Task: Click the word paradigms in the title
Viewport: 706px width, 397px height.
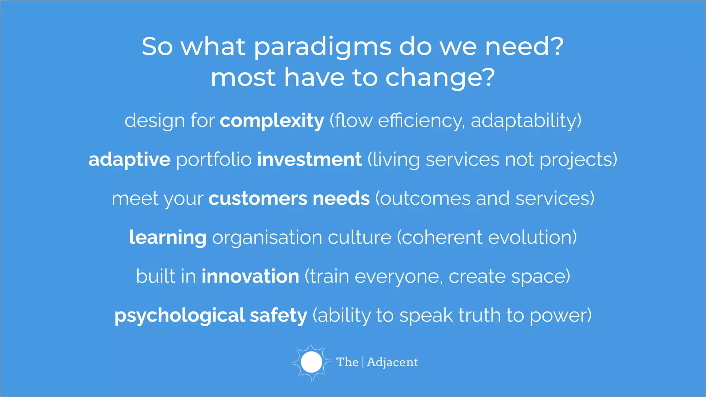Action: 323,48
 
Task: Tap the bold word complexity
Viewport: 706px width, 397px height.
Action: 272,121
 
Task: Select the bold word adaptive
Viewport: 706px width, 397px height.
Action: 130,160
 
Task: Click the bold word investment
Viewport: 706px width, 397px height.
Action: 309,160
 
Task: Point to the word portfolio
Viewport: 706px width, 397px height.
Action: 214,160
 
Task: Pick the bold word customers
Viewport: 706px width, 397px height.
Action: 258,198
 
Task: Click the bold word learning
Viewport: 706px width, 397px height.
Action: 168,238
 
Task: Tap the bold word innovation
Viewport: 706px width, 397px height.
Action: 250,276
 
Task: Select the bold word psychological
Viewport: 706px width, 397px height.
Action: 180,316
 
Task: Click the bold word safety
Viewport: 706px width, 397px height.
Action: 278,316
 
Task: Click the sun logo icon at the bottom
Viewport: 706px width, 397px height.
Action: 311,362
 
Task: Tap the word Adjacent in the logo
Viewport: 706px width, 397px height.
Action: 392,362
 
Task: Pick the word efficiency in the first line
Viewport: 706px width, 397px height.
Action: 420,121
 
